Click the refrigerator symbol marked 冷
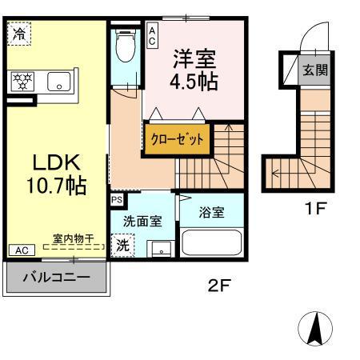tap(18, 34)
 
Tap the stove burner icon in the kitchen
tap(22, 81)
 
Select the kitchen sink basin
tap(57, 81)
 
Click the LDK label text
tap(56, 162)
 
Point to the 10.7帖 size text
tap(56, 187)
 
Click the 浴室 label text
tap(212, 214)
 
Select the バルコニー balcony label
tap(55, 279)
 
